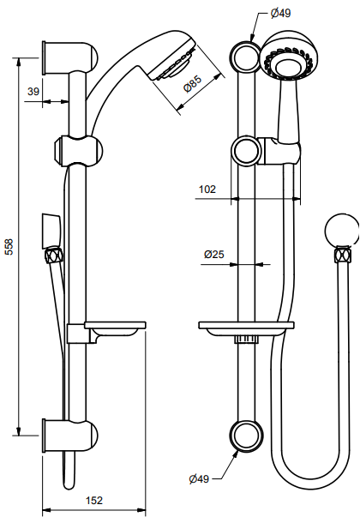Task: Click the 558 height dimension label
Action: (x=9, y=246)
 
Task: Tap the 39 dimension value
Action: (x=33, y=91)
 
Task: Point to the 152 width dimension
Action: (x=94, y=500)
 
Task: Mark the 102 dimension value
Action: (x=207, y=189)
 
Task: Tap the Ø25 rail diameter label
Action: (x=213, y=255)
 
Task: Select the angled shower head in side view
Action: (x=167, y=64)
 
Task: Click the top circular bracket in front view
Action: (x=245, y=56)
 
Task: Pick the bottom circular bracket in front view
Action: (x=245, y=434)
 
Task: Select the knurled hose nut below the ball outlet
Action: (x=344, y=255)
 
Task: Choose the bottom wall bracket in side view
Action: (x=73, y=434)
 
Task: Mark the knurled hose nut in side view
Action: (x=52, y=255)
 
